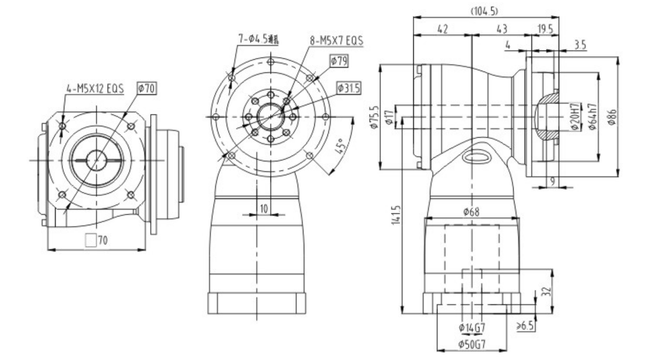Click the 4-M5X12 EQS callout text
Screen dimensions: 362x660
[95, 89]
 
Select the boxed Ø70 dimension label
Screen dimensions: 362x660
[147, 88]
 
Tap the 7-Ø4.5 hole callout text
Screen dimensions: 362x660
[259, 39]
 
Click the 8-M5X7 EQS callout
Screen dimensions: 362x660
[337, 41]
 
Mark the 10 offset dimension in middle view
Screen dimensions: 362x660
[264, 208]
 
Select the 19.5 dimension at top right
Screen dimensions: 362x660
[545, 29]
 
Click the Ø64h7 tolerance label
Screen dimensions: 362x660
[592, 118]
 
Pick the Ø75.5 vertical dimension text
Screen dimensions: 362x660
[375, 118]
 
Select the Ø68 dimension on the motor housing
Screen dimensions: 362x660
[471, 212]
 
